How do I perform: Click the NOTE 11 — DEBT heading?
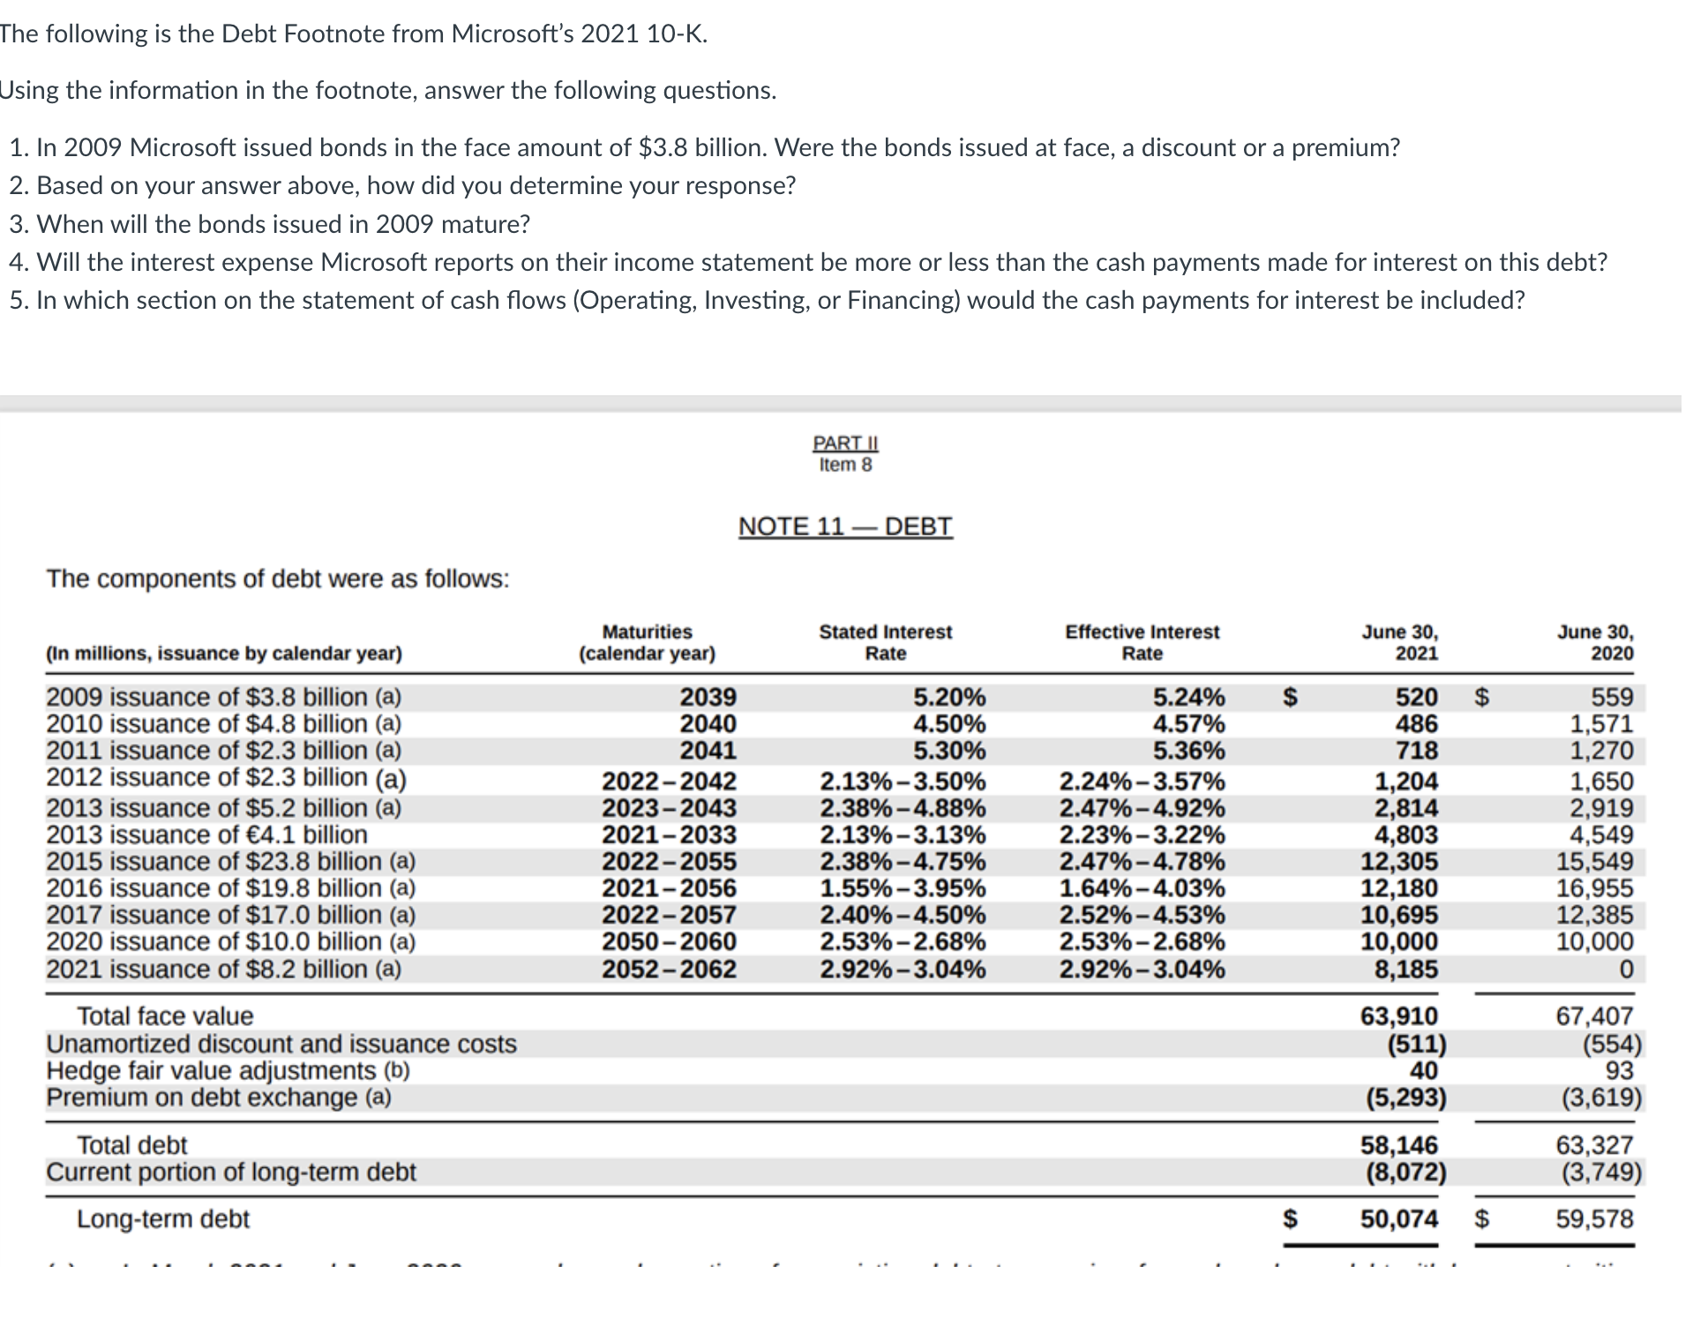pos(845,527)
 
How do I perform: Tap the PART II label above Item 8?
pos(845,443)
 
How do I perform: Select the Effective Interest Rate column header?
pos(1142,642)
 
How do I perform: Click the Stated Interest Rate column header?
pos(885,642)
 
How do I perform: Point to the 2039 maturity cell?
pos(708,697)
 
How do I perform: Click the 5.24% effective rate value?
pos(1188,697)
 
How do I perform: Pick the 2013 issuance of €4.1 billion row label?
pos(206,835)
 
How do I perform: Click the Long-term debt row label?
pos(163,1219)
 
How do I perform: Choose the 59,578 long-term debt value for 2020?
pos(1594,1219)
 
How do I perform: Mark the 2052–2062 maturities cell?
pos(669,970)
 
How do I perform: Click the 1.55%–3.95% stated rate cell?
pos(903,888)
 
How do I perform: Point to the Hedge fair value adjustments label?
pos(228,1071)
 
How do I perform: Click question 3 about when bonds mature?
pos(270,224)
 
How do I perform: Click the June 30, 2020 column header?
pos(1594,642)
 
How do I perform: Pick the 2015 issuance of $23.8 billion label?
pos(230,861)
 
